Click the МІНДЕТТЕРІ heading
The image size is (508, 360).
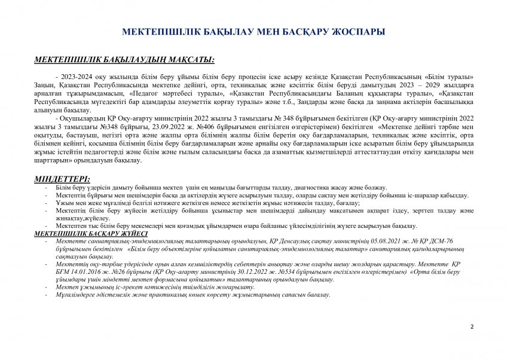click(62, 179)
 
